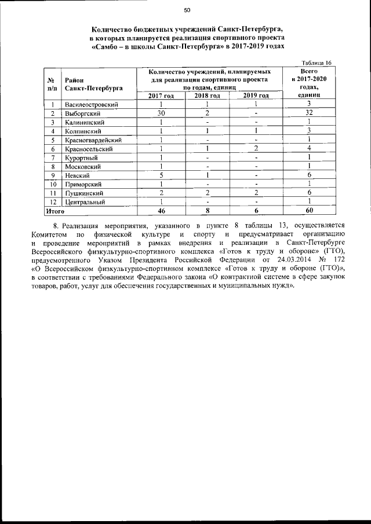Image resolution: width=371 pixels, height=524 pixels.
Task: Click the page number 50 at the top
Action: point(187,10)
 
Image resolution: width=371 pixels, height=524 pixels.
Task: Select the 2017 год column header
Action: point(161,96)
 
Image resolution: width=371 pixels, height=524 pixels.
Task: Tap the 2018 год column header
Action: point(207,96)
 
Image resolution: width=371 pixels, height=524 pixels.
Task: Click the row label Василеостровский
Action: point(92,104)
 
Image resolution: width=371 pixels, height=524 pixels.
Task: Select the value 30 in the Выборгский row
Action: point(161,113)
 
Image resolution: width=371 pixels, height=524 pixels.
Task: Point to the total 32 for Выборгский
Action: point(310,113)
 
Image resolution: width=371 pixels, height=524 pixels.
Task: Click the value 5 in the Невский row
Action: point(161,175)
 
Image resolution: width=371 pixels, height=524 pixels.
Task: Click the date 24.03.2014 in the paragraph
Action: point(283,260)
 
